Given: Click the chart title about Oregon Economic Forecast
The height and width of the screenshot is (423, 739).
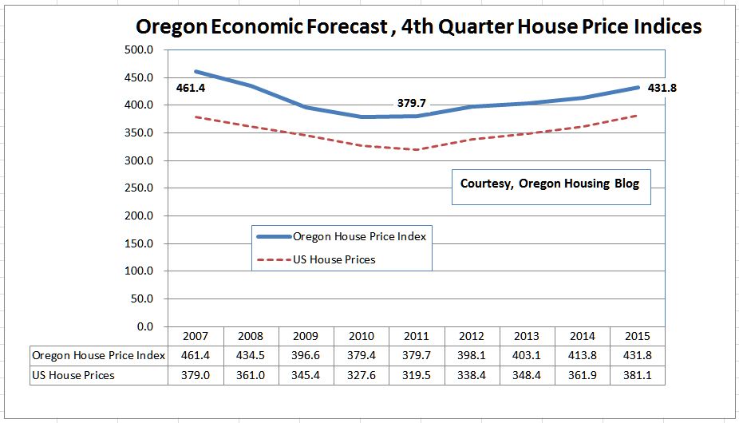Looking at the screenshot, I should (418, 26).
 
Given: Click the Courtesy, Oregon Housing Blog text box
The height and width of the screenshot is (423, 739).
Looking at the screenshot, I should (551, 184).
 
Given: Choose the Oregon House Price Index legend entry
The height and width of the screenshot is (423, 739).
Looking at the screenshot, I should (359, 236).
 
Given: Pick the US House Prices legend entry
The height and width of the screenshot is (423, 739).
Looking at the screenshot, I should (334, 259).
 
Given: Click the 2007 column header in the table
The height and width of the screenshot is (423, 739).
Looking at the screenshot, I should (196, 336).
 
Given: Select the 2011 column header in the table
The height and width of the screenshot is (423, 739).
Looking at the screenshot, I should (417, 336).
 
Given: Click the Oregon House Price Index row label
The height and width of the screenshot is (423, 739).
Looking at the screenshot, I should (98, 355).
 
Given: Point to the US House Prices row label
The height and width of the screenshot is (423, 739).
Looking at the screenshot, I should (73, 375).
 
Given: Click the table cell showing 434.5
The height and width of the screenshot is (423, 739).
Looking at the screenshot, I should (251, 355).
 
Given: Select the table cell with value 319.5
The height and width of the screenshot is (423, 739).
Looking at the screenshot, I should (417, 375).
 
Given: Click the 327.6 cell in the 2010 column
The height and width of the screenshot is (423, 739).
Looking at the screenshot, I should (362, 375).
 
